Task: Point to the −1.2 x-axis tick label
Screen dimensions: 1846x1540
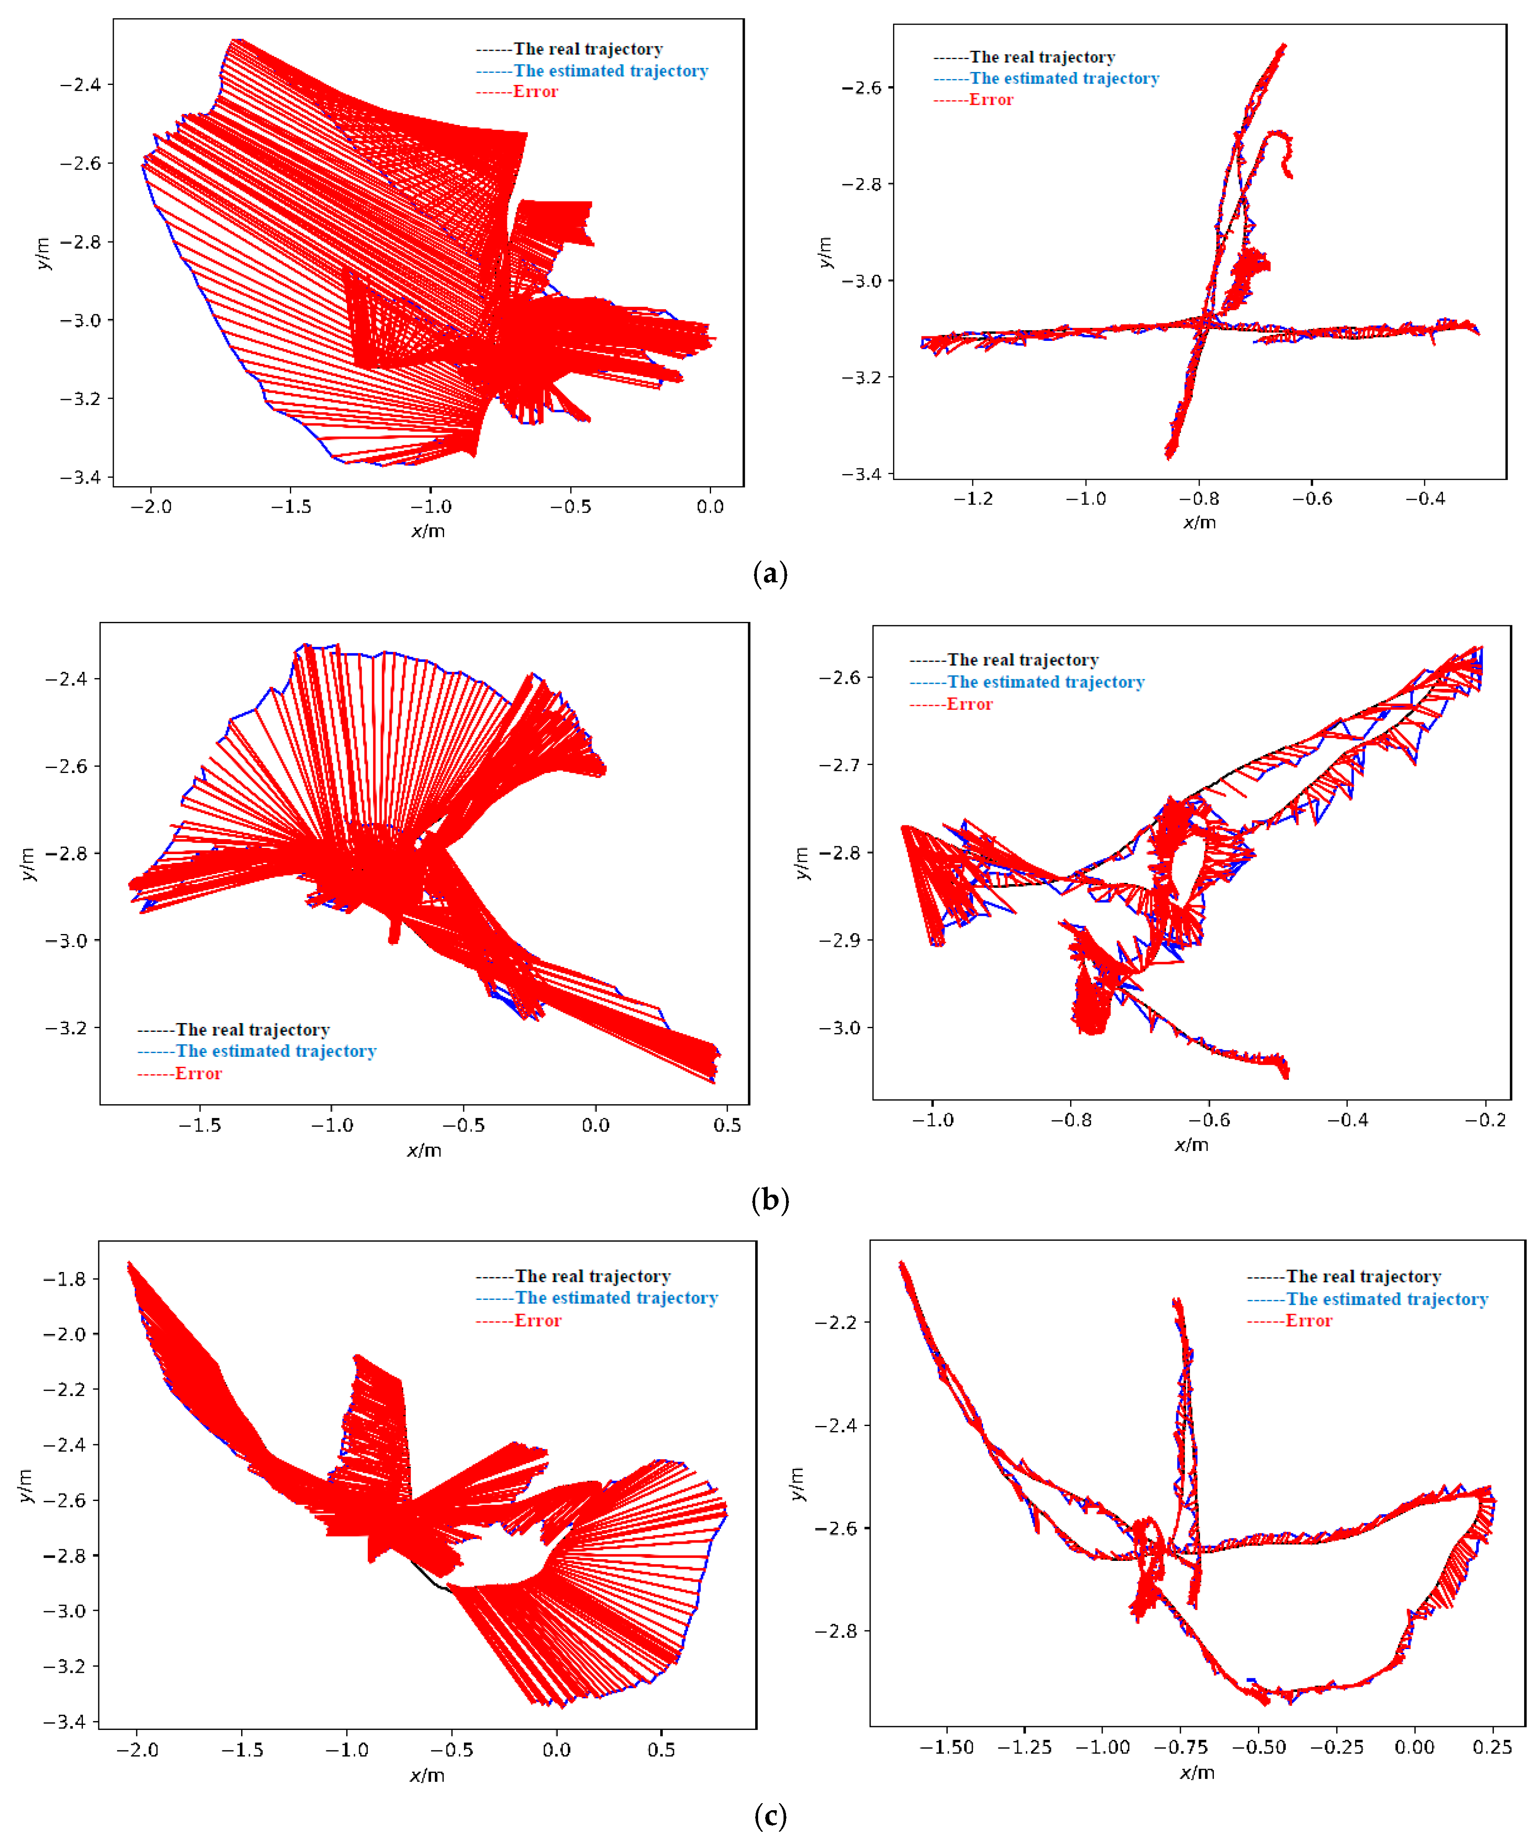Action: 973,498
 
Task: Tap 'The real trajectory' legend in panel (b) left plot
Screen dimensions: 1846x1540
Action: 252,1029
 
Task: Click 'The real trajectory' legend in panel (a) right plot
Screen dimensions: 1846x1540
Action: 1042,57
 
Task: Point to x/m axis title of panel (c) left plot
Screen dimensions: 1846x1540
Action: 427,1776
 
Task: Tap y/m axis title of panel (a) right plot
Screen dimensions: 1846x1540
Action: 824,252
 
